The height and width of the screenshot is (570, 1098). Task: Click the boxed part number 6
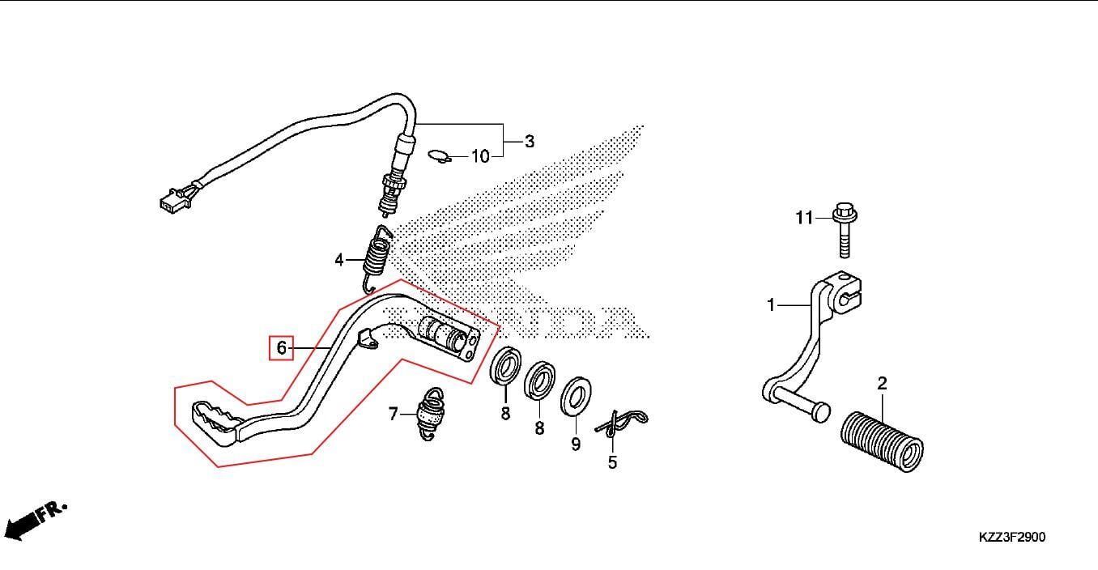(281, 348)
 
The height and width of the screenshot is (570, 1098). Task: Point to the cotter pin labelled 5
(622, 422)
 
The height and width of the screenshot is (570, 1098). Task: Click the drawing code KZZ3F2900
(1011, 537)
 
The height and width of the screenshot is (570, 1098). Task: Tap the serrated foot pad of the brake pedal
(215, 417)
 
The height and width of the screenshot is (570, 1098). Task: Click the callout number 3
(530, 142)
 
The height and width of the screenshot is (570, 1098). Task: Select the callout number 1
(771, 305)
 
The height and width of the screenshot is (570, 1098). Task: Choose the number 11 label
(803, 218)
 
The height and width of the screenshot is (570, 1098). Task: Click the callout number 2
(882, 383)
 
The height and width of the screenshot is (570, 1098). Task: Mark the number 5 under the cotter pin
(612, 462)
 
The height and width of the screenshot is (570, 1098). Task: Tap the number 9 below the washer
(576, 445)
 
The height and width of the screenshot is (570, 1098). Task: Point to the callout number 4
(339, 260)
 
